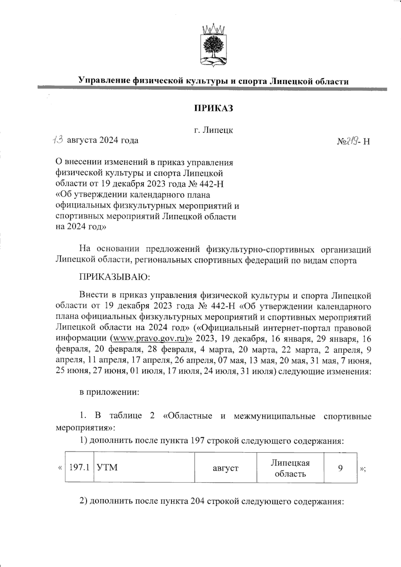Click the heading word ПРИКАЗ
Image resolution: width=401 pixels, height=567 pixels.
[x=214, y=109]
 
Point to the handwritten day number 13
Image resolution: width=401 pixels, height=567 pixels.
[x=58, y=140]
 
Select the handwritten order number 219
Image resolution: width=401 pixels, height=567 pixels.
[x=353, y=141]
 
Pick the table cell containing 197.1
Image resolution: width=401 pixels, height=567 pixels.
[x=79, y=467]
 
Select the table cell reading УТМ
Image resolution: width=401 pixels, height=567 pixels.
[x=144, y=467]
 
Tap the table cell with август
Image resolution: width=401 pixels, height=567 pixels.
[x=226, y=468]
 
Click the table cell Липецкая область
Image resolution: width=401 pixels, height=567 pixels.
[x=290, y=468]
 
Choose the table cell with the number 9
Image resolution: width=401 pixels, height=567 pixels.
[x=340, y=468]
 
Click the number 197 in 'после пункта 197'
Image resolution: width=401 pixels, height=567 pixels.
[x=197, y=441]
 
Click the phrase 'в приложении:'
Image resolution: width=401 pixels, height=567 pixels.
[x=109, y=392]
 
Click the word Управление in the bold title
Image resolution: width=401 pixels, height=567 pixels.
[x=104, y=81]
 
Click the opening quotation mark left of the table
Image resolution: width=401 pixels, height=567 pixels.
[x=60, y=468]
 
